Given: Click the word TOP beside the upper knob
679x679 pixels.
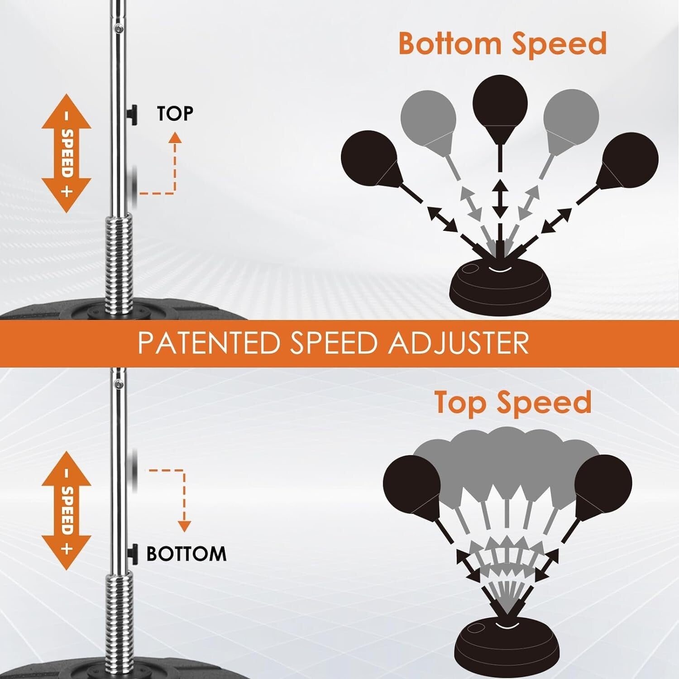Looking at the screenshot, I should pyautogui.click(x=175, y=114).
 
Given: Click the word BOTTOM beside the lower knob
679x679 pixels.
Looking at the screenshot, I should pyautogui.click(x=186, y=554).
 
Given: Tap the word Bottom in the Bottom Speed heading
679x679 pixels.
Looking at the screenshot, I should pyautogui.click(x=450, y=44).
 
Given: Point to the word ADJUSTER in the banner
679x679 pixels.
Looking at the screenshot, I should pyautogui.click(x=458, y=343).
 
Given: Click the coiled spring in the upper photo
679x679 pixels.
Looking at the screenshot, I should pyautogui.click(x=119, y=263).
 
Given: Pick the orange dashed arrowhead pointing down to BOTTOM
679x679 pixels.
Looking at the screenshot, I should pyautogui.click(x=184, y=526).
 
